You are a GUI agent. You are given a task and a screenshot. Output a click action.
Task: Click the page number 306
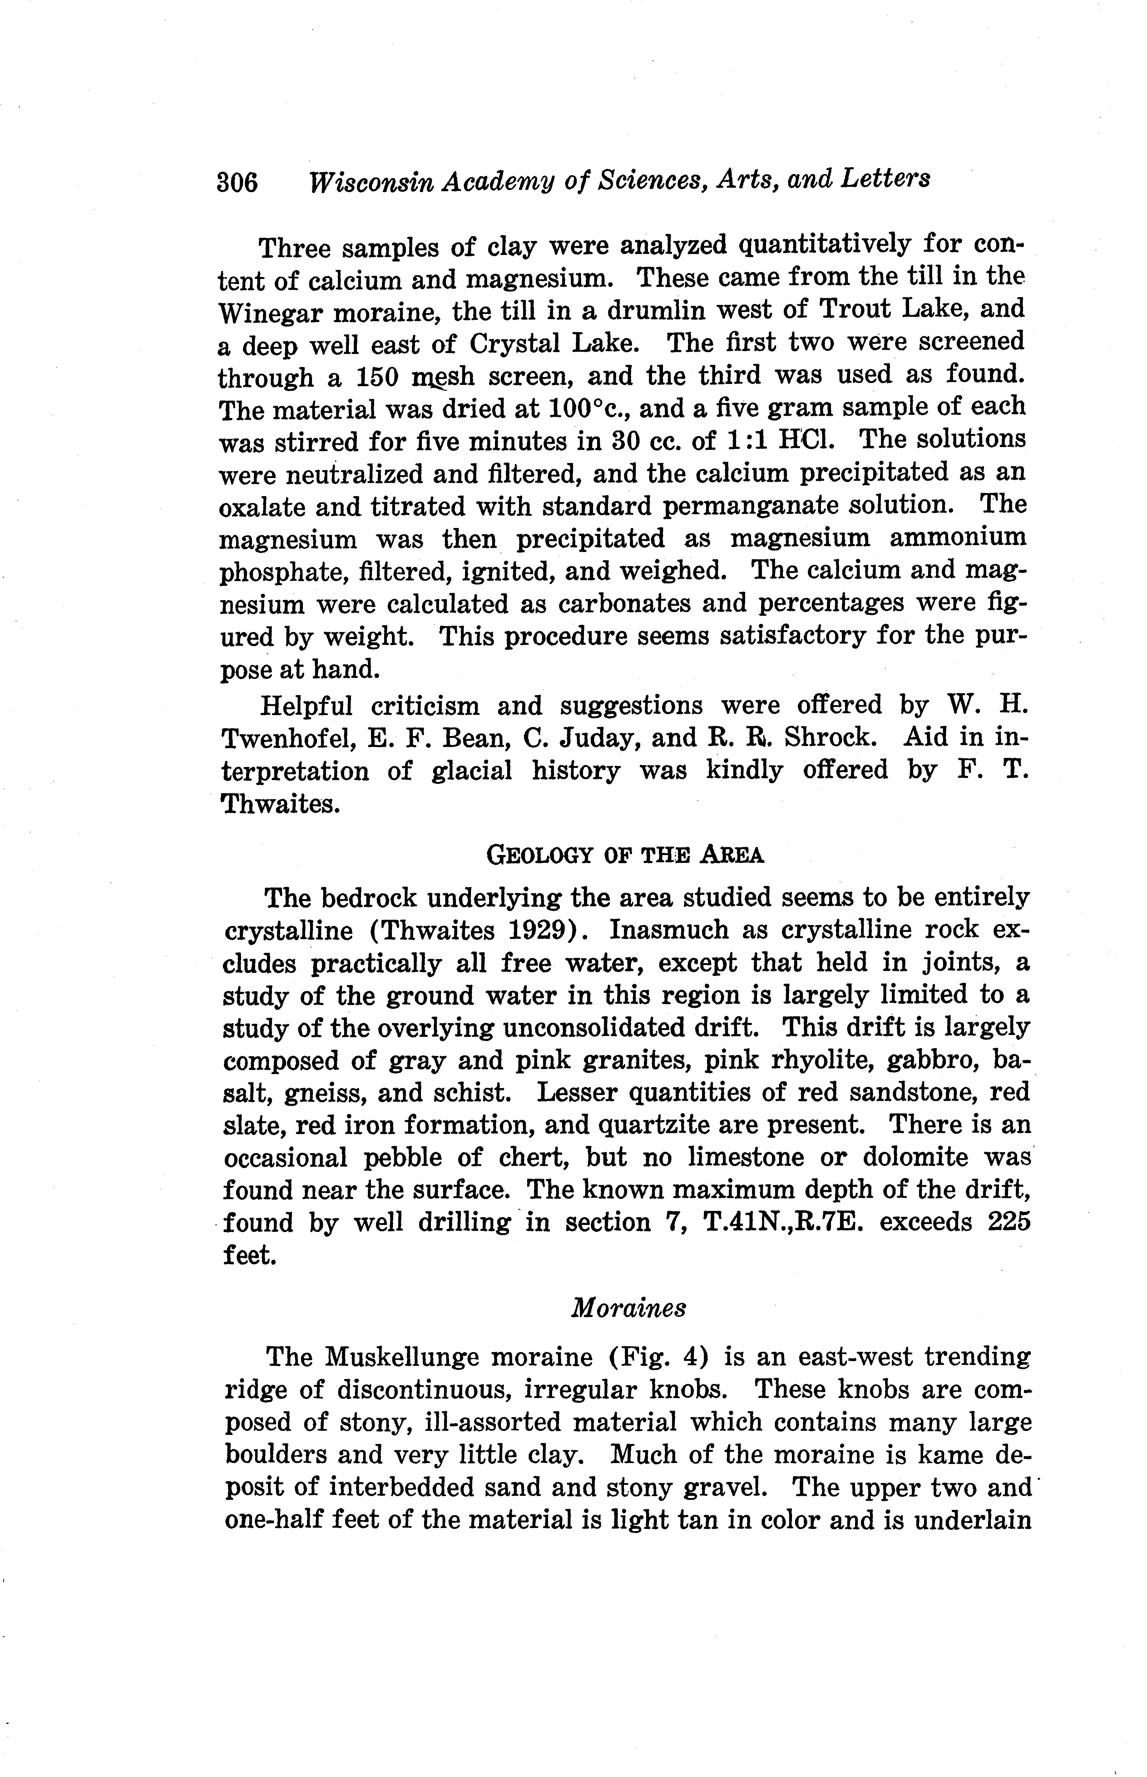point(237,182)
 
